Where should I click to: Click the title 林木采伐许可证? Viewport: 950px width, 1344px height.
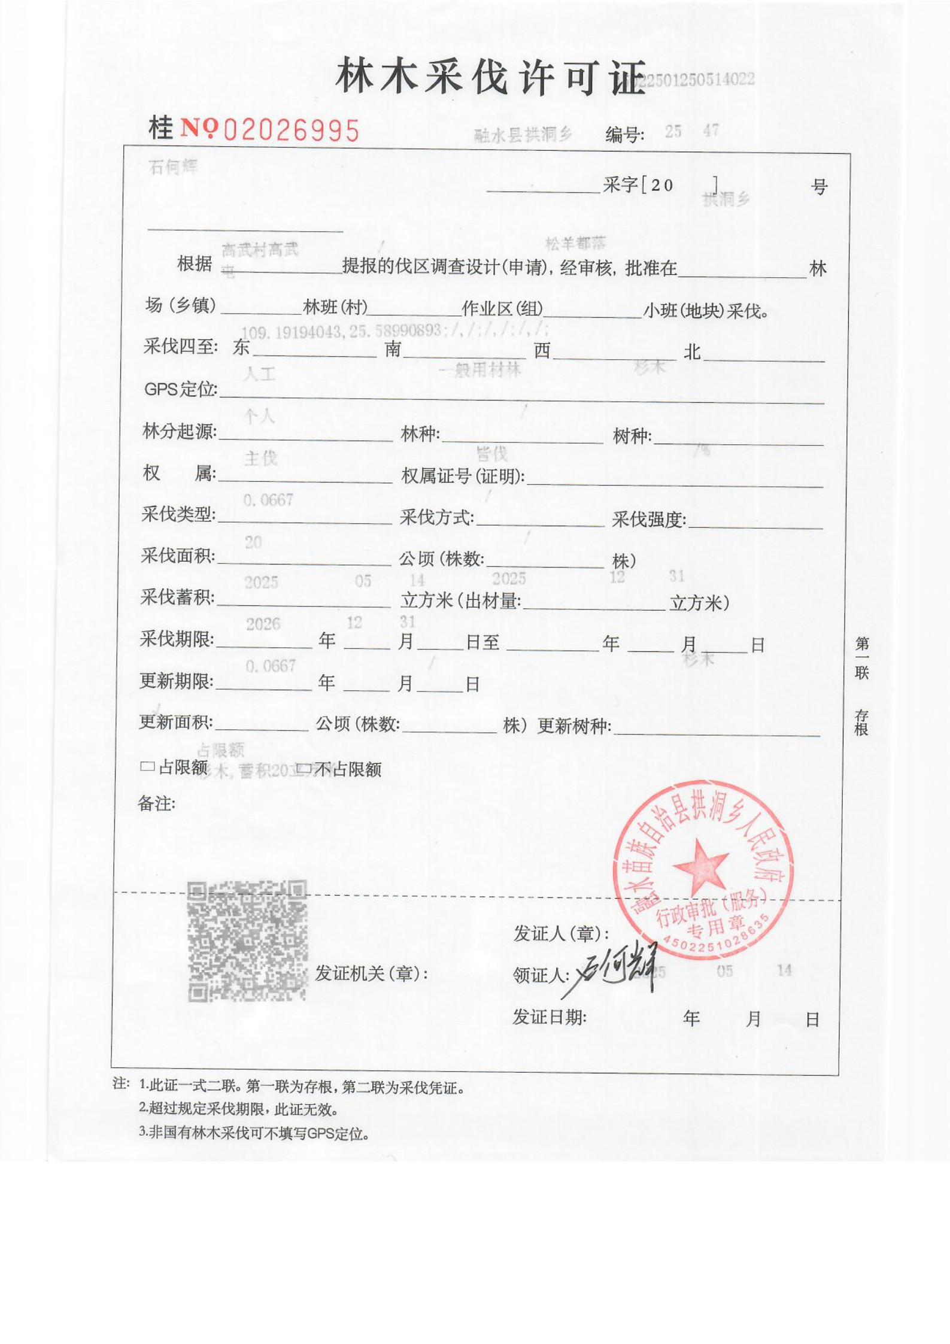point(490,78)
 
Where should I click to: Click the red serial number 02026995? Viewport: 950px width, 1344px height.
point(291,130)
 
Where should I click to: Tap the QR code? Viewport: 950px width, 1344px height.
point(247,941)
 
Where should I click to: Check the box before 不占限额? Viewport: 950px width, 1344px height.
point(305,768)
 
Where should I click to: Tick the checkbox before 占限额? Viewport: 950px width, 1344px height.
point(147,767)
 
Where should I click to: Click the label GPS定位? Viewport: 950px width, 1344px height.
point(180,389)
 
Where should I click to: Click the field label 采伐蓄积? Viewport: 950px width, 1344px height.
point(177,597)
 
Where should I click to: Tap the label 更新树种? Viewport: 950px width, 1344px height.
point(573,726)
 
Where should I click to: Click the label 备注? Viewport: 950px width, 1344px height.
point(156,803)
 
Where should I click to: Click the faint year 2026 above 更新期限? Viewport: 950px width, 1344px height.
point(263,624)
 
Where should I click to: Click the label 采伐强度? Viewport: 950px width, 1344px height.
point(648,519)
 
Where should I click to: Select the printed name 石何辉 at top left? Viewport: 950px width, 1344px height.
point(172,167)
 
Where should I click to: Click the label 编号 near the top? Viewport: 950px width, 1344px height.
point(624,135)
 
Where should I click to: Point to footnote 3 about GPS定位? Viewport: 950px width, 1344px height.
point(254,1133)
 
